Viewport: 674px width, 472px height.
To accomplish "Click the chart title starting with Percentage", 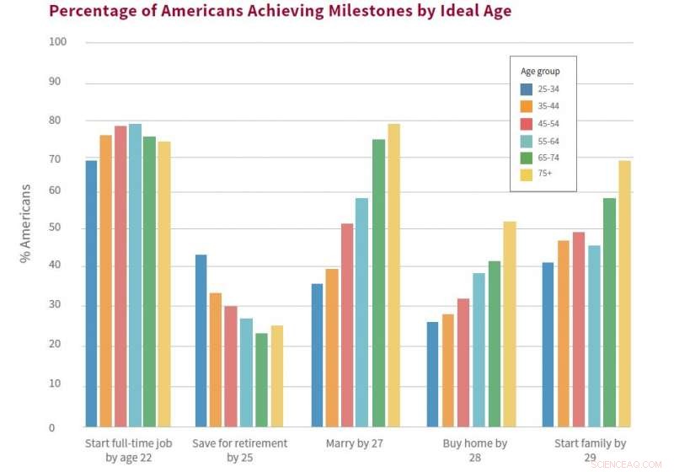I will pyautogui.click(x=280, y=11).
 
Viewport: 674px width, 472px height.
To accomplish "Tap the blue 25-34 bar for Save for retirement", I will pyautogui.click(x=201, y=341).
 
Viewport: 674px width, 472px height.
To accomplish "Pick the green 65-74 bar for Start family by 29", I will pyautogui.click(x=609, y=312).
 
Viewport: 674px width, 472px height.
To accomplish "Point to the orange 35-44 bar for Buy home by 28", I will pyautogui.click(x=447, y=370).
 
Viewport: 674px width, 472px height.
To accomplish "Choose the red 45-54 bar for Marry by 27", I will pyautogui.click(x=346, y=324).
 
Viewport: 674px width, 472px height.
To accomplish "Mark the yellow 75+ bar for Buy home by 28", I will pyautogui.click(x=509, y=324).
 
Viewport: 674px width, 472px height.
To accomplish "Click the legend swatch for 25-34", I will pyautogui.click(x=526, y=89).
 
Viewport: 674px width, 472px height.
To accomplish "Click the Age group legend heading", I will pyautogui.click(x=539, y=72).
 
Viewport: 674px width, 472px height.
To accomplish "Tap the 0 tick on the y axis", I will pyautogui.click(x=51, y=427).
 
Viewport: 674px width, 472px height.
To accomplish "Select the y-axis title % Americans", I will pyautogui.click(x=25, y=223).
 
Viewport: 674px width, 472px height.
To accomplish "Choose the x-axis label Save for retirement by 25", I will pyautogui.click(x=239, y=451).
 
